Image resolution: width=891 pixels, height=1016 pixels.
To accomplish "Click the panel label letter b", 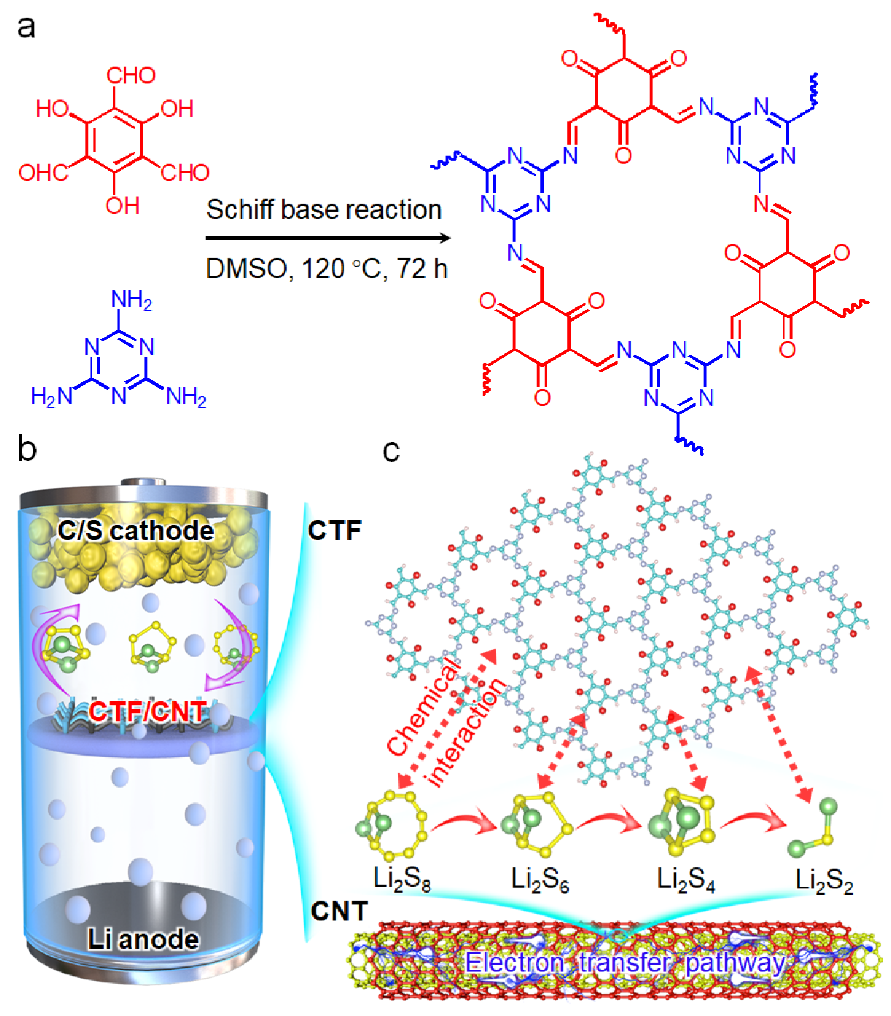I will click(27, 449).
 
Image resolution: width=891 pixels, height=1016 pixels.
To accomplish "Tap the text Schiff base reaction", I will click(324, 209).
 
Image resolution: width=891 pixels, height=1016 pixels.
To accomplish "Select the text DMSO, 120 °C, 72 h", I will click(327, 269).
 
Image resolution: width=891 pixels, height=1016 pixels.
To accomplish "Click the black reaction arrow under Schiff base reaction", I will click(328, 238).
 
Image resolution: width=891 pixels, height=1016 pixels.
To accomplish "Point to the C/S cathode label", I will click(135, 531).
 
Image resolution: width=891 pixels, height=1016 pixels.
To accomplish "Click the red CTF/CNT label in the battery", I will click(148, 712).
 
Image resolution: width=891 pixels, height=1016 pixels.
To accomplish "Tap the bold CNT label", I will click(340, 911).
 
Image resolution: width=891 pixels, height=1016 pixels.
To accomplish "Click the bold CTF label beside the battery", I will click(335, 530).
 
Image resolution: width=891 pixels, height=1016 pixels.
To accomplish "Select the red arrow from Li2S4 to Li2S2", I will click(754, 822).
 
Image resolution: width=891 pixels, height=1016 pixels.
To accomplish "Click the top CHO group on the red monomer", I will click(131, 75).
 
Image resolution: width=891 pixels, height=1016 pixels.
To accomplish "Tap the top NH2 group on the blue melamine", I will click(131, 300).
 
